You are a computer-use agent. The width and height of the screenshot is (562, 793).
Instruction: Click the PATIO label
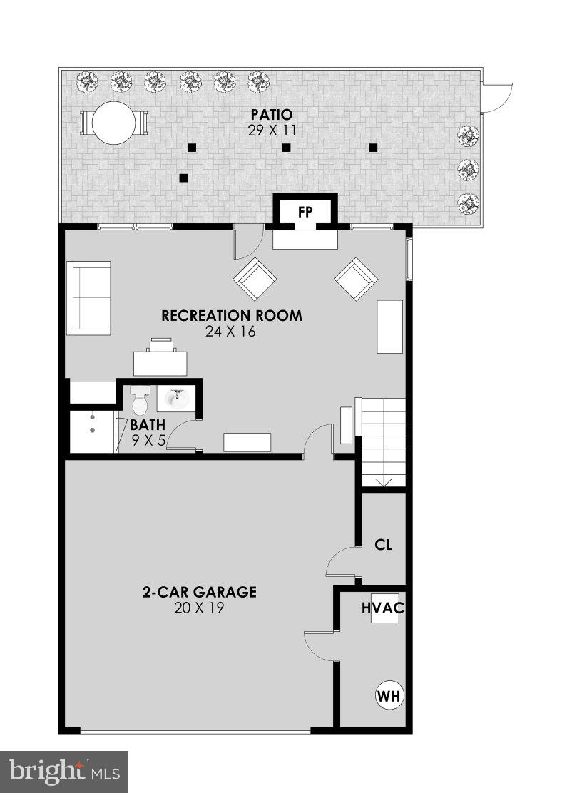tap(271, 115)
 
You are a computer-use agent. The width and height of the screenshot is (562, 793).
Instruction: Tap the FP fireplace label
tap(305, 213)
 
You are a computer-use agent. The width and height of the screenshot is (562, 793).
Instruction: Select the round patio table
tap(114, 123)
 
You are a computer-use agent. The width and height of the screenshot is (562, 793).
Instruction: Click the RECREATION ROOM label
tap(232, 316)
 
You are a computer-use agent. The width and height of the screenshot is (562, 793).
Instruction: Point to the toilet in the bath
tap(139, 402)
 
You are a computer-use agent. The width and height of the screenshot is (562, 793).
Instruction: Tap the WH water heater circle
tap(389, 695)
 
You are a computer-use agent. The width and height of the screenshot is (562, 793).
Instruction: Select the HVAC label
tap(382, 608)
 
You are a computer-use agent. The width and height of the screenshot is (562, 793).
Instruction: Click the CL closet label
tap(384, 546)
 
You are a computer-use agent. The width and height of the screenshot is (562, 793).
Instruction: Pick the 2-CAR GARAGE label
tap(199, 592)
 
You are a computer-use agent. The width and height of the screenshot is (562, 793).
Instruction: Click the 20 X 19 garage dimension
tap(199, 608)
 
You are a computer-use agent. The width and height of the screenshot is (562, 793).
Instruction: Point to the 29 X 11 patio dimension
tap(271, 131)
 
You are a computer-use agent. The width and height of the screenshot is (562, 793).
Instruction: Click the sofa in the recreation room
tap(89, 298)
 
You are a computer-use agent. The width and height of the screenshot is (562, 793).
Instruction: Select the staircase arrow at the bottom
tap(384, 483)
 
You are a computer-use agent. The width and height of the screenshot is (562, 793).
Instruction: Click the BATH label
tap(148, 426)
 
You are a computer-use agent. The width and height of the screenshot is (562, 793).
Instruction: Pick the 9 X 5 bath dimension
tap(148, 441)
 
